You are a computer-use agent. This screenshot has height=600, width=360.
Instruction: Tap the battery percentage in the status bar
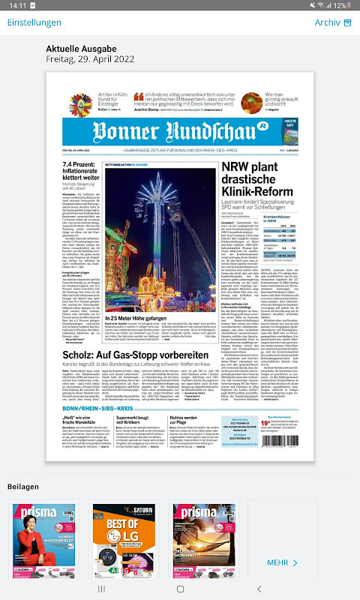(340, 5)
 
